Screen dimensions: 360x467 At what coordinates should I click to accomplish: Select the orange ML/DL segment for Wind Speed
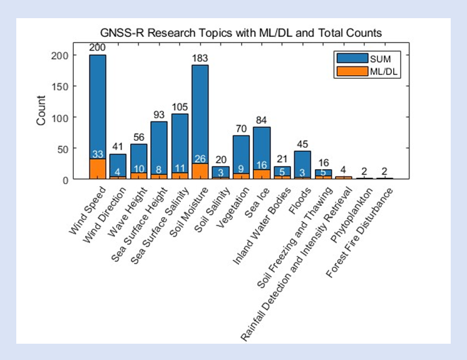coord(98,169)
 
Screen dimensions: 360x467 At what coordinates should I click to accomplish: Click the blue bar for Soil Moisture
coord(200,113)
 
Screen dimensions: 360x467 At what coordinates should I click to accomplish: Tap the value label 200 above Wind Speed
coord(98,48)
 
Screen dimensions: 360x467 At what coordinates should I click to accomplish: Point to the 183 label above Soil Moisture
coord(200,58)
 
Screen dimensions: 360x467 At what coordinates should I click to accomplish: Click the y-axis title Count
coord(42,111)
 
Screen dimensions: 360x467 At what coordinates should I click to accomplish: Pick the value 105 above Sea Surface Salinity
coord(180,107)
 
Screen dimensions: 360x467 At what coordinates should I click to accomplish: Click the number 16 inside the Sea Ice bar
coord(262,173)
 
